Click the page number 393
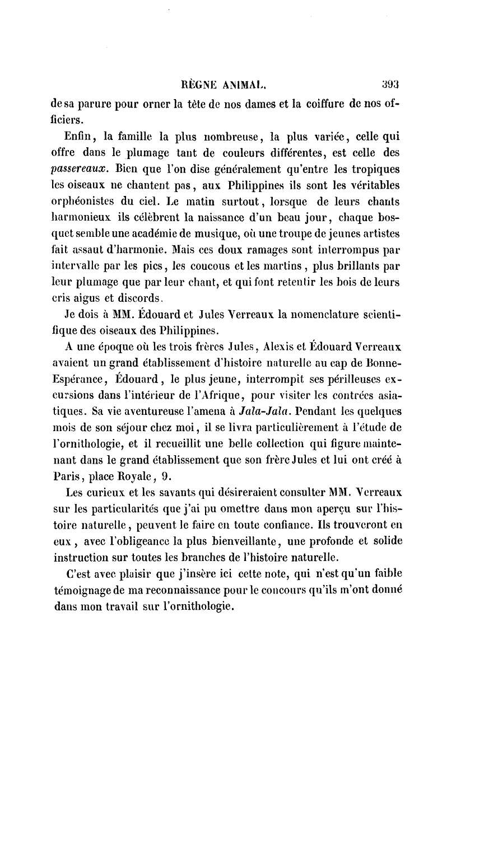(389, 86)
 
